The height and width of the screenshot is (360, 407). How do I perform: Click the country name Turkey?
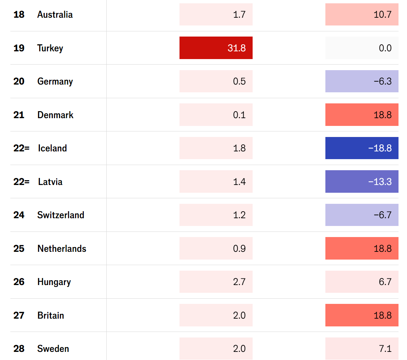pos(50,48)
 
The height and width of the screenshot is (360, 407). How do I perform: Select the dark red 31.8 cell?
pos(216,48)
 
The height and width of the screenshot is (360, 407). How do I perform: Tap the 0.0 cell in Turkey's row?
pos(362,48)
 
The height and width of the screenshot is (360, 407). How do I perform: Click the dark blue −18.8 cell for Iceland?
pos(362,148)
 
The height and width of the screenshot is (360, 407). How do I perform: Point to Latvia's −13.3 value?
pos(362,182)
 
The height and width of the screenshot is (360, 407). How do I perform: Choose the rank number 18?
pos(19,15)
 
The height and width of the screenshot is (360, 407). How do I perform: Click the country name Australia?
pos(55,15)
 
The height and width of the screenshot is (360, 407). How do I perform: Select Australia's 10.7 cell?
pos(362,15)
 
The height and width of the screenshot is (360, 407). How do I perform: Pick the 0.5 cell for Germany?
pos(216,81)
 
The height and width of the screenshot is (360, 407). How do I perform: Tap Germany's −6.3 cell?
pos(362,81)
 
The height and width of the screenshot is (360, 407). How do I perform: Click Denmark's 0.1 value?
pos(216,115)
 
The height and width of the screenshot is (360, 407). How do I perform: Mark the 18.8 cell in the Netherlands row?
pos(362,248)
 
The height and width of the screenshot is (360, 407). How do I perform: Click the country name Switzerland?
pos(61,215)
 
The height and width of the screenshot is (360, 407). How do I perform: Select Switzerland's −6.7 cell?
pos(362,215)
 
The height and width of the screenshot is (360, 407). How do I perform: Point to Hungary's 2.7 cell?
pos(216,282)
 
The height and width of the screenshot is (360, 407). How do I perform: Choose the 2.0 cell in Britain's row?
pos(216,315)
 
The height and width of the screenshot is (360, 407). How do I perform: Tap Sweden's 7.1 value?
pos(362,349)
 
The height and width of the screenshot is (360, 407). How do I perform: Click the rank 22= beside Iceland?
pos(21,148)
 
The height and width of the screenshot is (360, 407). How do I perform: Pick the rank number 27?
pos(19,315)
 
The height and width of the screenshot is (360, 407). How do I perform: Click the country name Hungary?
pos(54,282)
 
